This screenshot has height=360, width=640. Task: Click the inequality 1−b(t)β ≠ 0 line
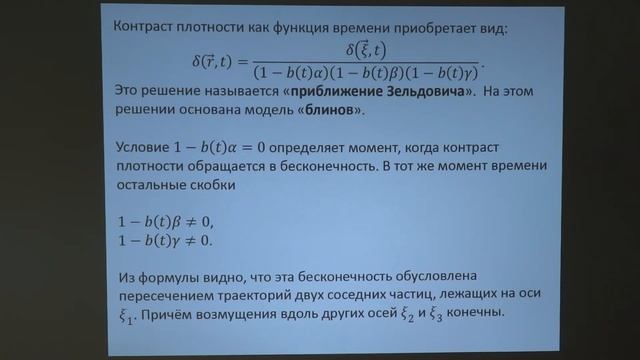click(x=166, y=222)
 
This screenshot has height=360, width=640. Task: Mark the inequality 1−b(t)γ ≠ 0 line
click(x=166, y=241)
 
